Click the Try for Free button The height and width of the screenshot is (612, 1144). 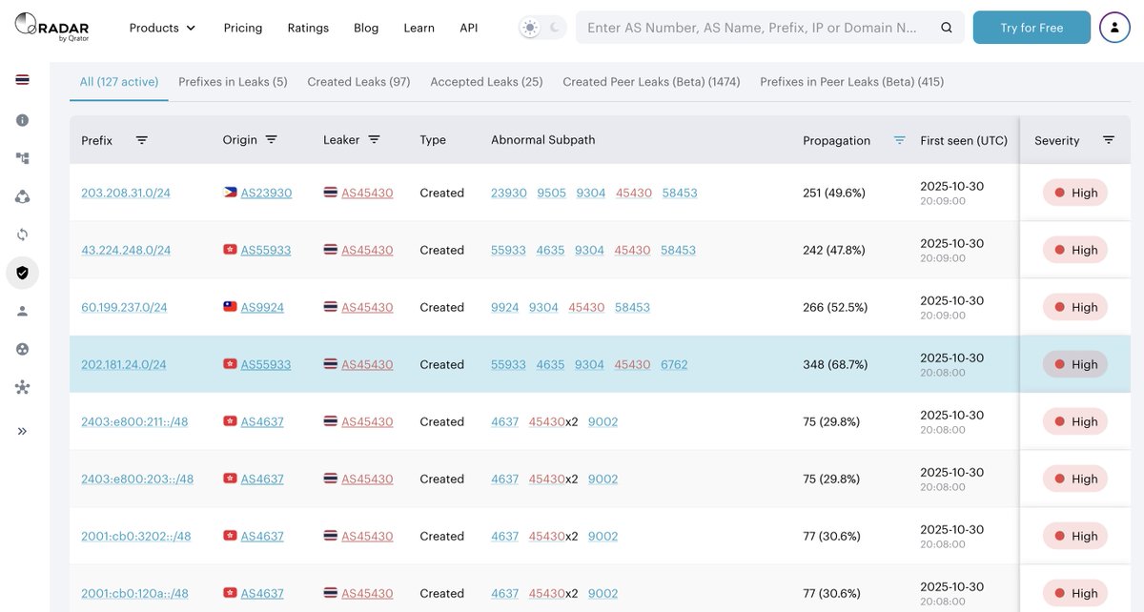tap(1032, 28)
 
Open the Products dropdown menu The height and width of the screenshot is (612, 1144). tap(162, 28)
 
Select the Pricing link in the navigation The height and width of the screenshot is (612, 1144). tap(243, 28)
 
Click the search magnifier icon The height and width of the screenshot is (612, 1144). tap(947, 28)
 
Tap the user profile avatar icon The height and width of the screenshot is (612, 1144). tap(1114, 28)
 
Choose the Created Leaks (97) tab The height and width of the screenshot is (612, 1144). tap(358, 82)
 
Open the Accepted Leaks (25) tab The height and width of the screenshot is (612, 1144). tap(486, 82)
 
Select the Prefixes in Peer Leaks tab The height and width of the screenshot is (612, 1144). tap(851, 82)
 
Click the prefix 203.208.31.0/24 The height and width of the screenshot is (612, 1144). tap(126, 193)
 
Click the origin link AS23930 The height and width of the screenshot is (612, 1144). tap(266, 193)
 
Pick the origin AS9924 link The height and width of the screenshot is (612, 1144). tap(262, 307)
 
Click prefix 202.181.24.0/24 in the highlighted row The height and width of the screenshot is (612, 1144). tap(124, 364)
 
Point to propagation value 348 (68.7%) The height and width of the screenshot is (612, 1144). tap(835, 364)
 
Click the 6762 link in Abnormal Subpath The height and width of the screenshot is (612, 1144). tap(674, 364)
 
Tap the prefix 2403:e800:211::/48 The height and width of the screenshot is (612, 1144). tap(134, 421)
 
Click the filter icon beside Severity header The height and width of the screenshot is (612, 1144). tap(1109, 140)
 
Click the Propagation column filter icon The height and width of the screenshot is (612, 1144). tap(899, 140)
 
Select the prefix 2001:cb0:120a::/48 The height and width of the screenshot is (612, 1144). tap(134, 593)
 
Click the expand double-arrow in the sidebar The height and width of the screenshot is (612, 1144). tap(22, 431)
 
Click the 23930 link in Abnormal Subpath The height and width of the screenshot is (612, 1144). tap(509, 193)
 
